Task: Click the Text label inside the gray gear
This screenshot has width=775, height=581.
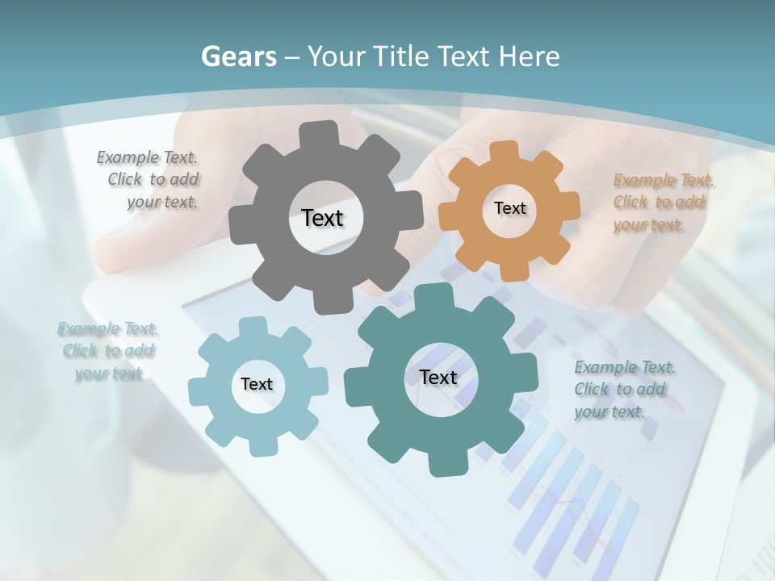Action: pyautogui.click(x=322, y=218)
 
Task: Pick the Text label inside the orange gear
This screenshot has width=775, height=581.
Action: pyautogui.click(x=509, y=208)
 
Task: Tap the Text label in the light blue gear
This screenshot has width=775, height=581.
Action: pyautogui.click(x=257, y=384)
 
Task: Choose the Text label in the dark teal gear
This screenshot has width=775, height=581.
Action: pyautogui.click(x=438, y=377)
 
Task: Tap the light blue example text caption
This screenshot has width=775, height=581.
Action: pyautogui.click(x=107, y=351)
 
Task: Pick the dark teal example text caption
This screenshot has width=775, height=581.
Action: pyautogui.click(x=623, y=389)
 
